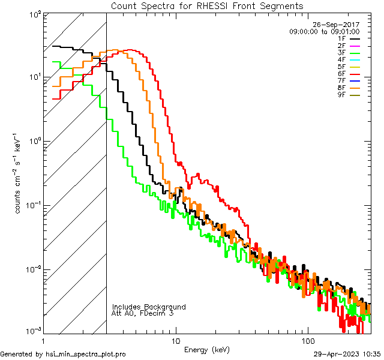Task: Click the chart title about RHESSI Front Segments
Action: click(x=207, y=5)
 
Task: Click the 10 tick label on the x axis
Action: click(x=175, y=341)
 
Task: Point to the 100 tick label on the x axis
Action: click(x=307, y=341)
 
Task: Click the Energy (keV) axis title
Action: click(x=206, y=349)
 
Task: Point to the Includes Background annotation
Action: click(x=148, y=307)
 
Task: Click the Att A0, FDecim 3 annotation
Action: click(x=143, y=314)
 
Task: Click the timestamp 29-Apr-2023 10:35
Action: click(x=346, y=355)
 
